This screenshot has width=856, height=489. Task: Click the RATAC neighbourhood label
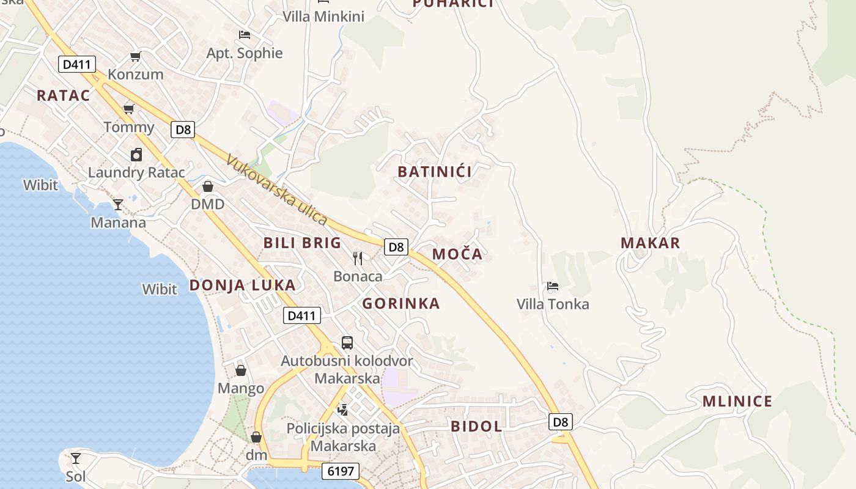pos(63,95)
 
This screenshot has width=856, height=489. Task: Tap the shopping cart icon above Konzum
pos(136,57)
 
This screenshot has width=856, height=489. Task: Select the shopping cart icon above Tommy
pos(129,109)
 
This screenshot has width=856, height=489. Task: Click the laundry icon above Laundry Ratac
pos(136,155)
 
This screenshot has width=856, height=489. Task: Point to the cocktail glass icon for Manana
pos(118,204)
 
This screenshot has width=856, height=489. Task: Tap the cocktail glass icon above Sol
pos(75,458)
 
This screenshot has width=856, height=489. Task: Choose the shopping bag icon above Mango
pos(241,370)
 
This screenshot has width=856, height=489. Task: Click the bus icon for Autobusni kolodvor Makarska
pos(347,342)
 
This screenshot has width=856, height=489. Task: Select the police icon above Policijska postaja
pos(343,410)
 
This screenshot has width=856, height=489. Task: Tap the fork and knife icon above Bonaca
pos(358,259)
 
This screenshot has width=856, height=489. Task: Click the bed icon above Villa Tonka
pos(553,286)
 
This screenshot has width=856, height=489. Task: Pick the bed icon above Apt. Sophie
pos(245,35)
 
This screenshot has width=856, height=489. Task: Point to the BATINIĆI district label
pos(435,172)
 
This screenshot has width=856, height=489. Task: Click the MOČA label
pos(457,254)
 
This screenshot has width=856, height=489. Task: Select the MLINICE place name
pos(737,402)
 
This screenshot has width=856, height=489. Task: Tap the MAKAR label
pos(651,243)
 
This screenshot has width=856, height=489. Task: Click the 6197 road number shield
pos(340,471)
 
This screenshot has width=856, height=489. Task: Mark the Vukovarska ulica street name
pos(277,189)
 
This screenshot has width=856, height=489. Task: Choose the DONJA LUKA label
pos(242,285)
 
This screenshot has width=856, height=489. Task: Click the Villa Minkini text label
pos(323,17)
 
